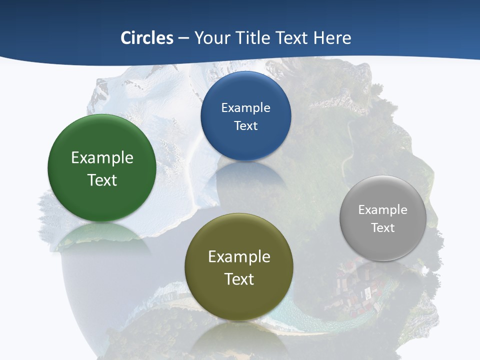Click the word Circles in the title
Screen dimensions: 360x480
point(147,38)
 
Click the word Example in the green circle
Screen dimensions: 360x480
point(102,158)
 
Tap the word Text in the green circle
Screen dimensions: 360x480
point(102,180)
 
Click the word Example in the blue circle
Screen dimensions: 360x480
point(246,108)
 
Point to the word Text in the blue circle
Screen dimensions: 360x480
point(246,126)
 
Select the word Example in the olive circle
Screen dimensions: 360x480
point(239,257)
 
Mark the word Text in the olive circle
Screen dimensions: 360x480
point(239,279)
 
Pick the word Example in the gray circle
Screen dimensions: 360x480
point(383,210)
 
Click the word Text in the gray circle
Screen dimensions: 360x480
point(383,228)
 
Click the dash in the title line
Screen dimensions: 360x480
point(183,38)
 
